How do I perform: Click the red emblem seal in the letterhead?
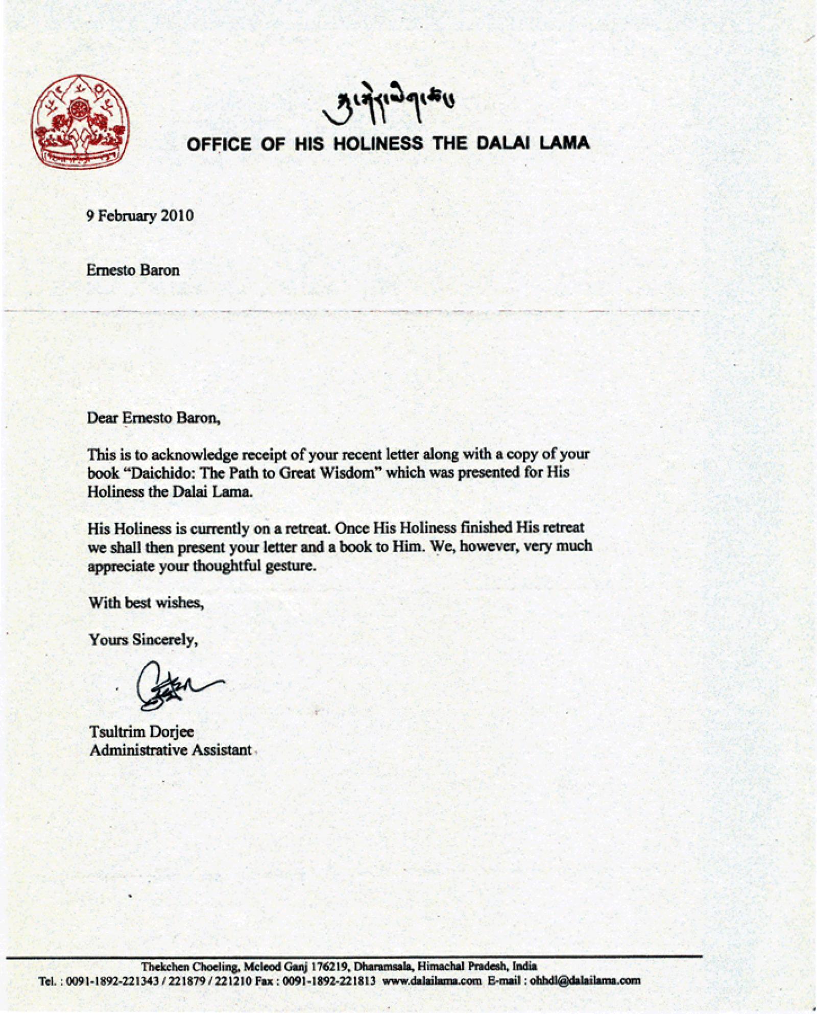(x=80, y=122)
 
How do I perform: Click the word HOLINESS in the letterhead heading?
(x=378, y=144)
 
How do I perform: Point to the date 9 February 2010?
(x=140, y=215)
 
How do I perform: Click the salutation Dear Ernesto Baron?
(x=154, y=418)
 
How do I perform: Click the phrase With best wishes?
(x=147, y=603)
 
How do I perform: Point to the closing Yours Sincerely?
(x=143, y=640)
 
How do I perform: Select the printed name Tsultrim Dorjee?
(x=141, y=732)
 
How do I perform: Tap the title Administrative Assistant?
(x=171, y=750)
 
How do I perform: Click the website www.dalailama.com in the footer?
(x=431, y=980)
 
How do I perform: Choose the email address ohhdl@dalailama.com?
(x=585, y=980)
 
